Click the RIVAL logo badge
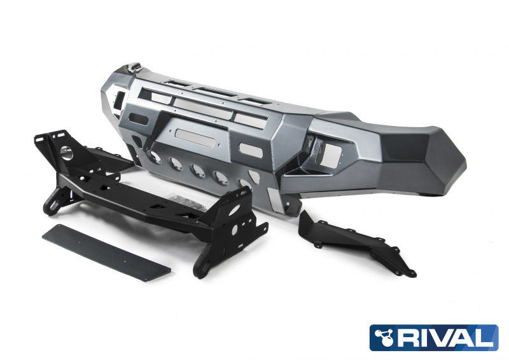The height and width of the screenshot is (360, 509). coord(434,338)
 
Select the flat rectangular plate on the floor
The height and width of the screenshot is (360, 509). coord(106,253)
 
